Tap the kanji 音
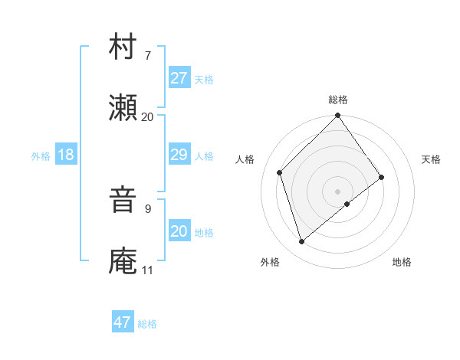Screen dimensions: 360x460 (x=123, y=201)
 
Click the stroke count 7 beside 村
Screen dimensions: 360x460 (x=147, y=56)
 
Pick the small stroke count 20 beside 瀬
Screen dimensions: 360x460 (x=147, y=116)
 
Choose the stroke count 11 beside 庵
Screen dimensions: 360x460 (x=147, y=270)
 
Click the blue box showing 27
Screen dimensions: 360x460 (x=179, y=78)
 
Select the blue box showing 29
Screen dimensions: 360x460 (x=179, y=155)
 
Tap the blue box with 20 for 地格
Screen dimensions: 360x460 (x=179, y=231)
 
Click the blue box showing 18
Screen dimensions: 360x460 (x=65, y=155)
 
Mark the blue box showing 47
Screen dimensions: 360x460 (x=123, y=322)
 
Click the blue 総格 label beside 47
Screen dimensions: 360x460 (x=148, y=324)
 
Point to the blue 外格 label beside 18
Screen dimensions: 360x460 (x=41, y=155)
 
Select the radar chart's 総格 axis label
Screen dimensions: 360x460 (x=338, y=100)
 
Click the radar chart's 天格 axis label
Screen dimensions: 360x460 (x=432, y=159)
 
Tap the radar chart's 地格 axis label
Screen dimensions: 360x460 (x=402, y=262)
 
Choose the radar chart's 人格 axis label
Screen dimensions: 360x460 (x=245, y=159)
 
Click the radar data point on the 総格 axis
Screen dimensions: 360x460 (x=338, y=116)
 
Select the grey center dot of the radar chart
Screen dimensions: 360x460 (x=338, y=191)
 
